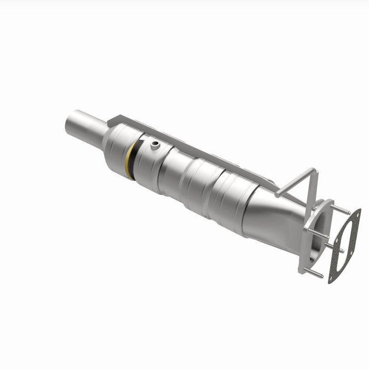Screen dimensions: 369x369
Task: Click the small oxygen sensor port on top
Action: pos(154,146)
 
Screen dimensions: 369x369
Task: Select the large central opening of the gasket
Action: pos(344,244)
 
